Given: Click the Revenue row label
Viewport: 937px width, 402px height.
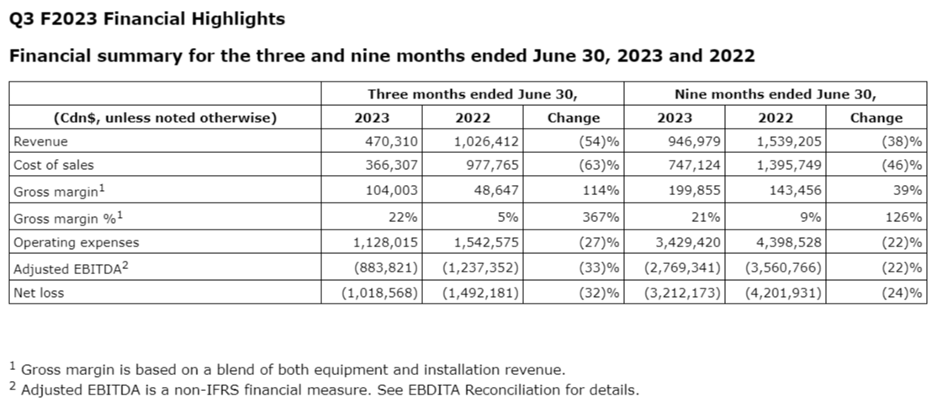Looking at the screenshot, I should coord(40,142).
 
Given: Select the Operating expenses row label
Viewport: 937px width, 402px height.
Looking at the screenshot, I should coord(76,242).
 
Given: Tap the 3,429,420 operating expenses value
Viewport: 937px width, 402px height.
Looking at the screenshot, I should coord(684,242).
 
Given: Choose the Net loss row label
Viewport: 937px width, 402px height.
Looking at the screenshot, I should coord(39,293).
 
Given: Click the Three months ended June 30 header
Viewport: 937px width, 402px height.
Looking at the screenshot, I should coord(473,94).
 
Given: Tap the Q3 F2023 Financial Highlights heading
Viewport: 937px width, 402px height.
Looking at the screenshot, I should coord(146,19).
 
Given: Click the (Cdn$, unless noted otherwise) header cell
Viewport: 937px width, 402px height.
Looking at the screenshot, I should coord(165,118).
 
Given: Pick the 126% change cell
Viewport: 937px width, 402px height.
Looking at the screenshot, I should coord(904,217).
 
